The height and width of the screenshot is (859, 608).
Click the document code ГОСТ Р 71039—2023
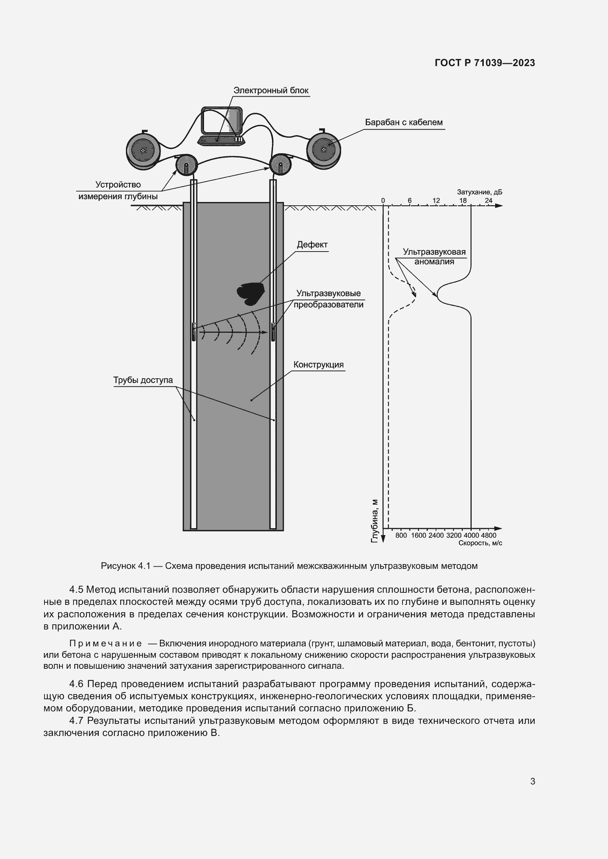pyautogui.click(x=484, y=63)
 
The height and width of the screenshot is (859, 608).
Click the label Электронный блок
pyautogui.click(x=271, y=91)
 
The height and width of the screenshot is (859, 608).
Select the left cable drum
pyautogui.click(x=143, y=151)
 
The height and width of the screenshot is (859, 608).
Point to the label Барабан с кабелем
pyautogui.click(x=404, y=122)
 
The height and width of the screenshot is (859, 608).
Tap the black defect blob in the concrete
pyautogui.click(x=250, y=293)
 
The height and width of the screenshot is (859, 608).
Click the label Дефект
pyautogui.click(x=312, y=245)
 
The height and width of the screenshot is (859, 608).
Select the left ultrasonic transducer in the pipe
pyautogui.click(x=194, y=332)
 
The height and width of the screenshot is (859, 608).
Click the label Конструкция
pyautogui.click(x=318, y=364)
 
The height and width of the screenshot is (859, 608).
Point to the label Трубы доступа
pyautogui.click(x=143, y=380)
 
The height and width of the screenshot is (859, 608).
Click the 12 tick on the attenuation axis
pyautogui.click(x=436, y=201)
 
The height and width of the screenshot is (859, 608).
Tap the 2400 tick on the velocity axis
pyautogui.click(x=436, y=535)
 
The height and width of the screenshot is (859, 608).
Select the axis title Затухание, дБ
pyautogui.click(x=479, y=192)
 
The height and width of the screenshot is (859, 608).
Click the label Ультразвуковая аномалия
pyautogui.click(x=434, y=257)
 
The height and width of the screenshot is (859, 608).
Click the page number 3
pyautogui.click(x=532, y=781)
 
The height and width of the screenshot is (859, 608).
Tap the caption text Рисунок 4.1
pyautogui.click(x=125, y=566)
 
